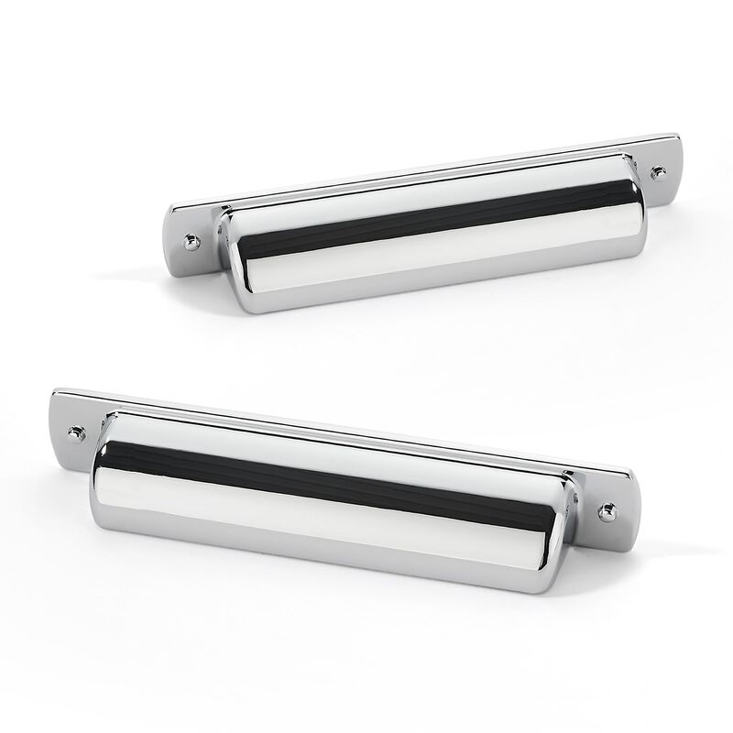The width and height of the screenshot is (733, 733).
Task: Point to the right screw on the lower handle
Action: click(x=605, y=511)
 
